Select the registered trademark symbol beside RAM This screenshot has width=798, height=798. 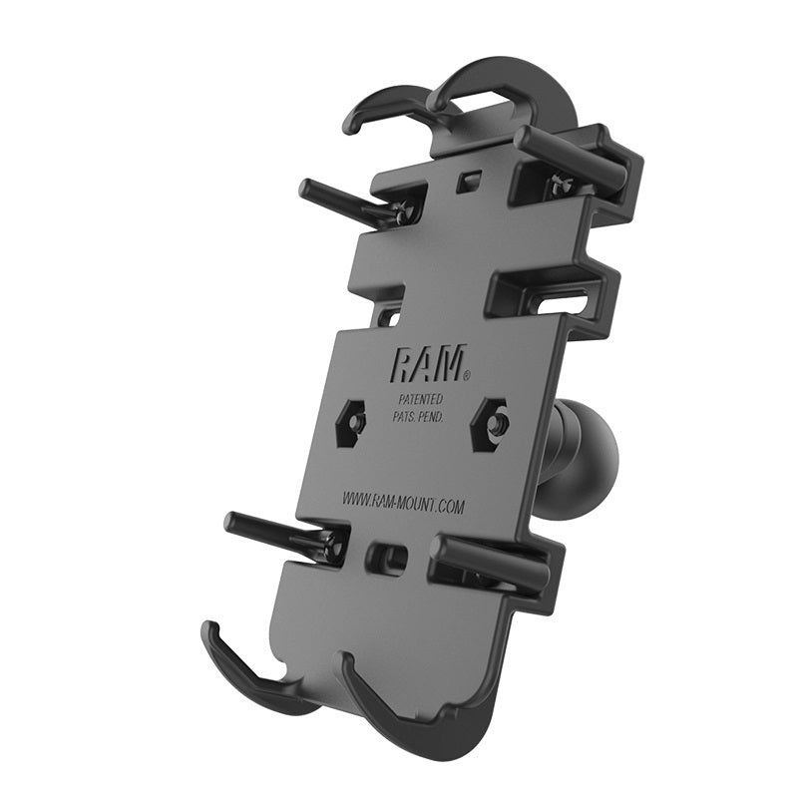click(x=465, y=377)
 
